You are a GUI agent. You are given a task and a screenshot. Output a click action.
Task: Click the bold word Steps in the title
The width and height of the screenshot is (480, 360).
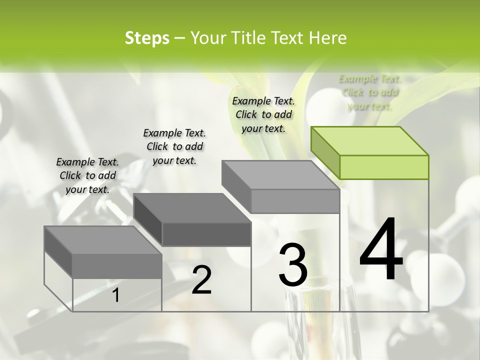point(147,38)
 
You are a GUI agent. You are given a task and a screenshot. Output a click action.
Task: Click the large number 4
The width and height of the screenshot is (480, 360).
point(381,250)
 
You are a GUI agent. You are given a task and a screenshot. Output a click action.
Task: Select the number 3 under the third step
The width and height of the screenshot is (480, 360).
point(293,265)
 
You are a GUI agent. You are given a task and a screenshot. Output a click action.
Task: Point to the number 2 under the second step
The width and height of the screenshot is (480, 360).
point(201,280)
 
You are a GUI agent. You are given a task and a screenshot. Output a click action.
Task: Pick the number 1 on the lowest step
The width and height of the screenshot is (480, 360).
point(116,295)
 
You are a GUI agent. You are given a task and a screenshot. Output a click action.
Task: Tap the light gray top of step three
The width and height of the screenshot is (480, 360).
point(280,175)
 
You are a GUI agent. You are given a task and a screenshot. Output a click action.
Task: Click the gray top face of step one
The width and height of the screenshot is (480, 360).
point(103,240)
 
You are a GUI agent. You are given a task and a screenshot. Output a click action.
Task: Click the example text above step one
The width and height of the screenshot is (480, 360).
point(87,175)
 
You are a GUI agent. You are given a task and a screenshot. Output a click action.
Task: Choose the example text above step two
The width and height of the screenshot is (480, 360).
point(174,146)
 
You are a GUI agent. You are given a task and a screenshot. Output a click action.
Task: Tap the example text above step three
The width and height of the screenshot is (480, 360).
point(263,114)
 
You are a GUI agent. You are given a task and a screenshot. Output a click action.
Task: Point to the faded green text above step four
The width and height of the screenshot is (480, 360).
point(370,92)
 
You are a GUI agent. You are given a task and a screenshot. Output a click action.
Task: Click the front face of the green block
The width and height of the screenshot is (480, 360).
point(384,167)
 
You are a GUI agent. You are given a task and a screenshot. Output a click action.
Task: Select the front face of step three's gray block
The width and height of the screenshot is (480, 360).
point(295,201)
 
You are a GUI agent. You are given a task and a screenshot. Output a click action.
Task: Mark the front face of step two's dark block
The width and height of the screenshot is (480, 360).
point(206,234)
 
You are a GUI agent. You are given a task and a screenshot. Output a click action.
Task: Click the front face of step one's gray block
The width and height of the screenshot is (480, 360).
point(117,266)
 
